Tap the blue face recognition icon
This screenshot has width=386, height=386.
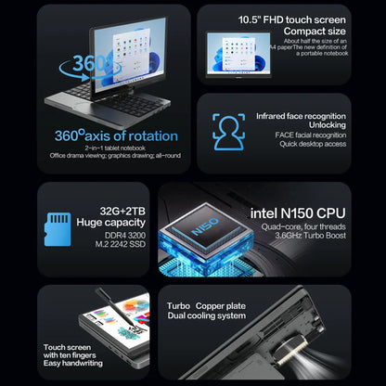point(226,128)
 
